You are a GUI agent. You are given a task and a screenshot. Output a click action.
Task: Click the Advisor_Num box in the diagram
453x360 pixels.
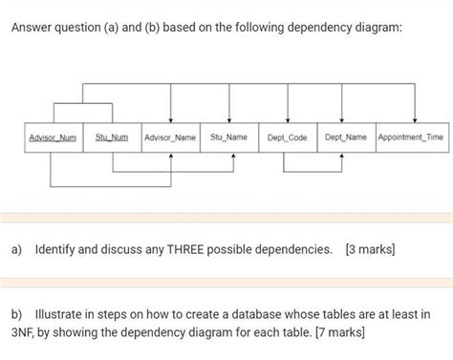point(54,138)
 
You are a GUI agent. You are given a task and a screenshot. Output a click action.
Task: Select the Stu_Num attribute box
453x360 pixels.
point(112,138)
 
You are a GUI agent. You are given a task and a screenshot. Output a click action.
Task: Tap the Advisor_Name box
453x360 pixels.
point(170,138)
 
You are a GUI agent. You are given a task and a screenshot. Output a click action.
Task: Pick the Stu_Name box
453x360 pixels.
point(229,138)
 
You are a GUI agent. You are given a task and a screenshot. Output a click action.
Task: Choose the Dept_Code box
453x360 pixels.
point(288,138)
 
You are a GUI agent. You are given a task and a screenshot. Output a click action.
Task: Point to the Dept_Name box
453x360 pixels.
point(346,138)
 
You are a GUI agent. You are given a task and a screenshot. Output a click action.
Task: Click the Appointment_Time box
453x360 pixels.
point(411,138)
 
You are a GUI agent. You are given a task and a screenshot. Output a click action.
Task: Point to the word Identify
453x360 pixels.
point(61,250)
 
